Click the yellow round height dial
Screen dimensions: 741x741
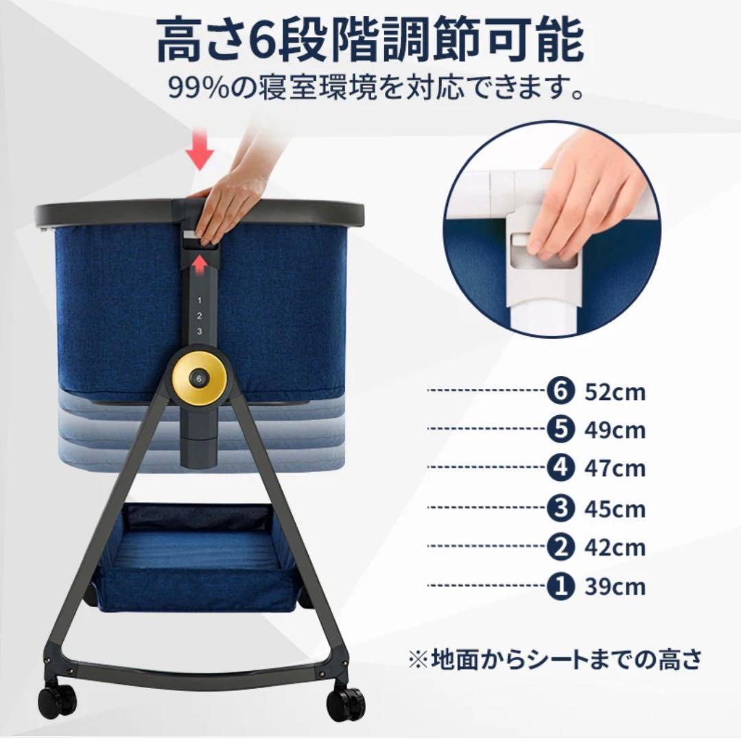pyautogui.click(x=199, y=377)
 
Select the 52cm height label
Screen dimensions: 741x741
pyautogui.click(x=615, y=392)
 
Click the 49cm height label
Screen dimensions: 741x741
pyautogui.click(x=615, y=431)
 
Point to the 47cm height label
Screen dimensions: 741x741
pyautogui.click(x=615, y=469)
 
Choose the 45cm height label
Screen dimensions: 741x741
pyautogui.click(x=615, y=509)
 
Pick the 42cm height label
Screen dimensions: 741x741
pyautogui.click(x=615, y=548)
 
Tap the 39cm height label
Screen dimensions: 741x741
pyautogui.click(x=615, y=587)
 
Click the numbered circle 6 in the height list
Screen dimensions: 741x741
pyautogui.click(x=559, y=391)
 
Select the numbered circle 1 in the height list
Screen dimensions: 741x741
pyautogui.click(x=559, y=587)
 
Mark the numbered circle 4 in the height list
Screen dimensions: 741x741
pyautogui.click(x=559, y=469)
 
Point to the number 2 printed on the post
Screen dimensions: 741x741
pyautogui.click(x=199, y=316)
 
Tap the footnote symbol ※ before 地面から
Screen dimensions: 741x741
pyautogui.click(x=417, y=660)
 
